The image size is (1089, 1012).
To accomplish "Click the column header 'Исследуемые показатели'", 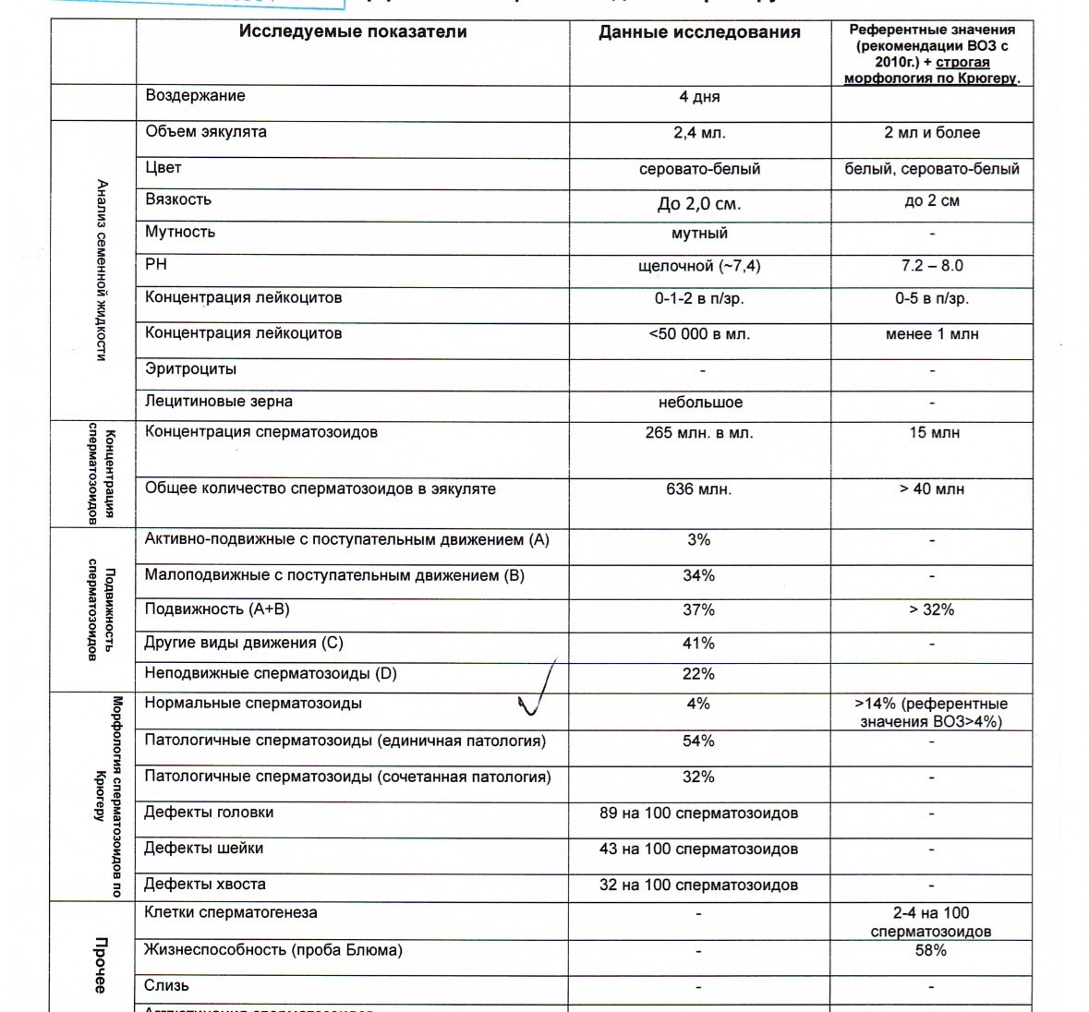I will click(x=353, y=32).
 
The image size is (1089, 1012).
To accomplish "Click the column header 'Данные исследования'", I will click(x=699, y=33).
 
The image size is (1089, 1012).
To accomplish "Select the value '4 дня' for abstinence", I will click(x=699, y=97).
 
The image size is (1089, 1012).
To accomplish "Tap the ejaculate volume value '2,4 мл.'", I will click(x=699, y=133).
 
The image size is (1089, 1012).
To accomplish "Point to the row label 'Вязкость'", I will click(x=178, y=199).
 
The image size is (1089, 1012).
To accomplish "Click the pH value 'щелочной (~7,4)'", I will click(x=699, y=266).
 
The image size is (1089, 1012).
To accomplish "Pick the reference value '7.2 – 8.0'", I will click(x=932, y=266).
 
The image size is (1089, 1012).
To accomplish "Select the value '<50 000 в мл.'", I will click(x=699, y=334).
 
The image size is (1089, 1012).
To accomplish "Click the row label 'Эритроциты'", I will click(x=190, y=369).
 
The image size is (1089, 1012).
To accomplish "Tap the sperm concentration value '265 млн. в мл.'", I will click(x=699, y=432).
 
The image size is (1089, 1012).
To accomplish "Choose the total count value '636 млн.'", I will click(x=699, y=489).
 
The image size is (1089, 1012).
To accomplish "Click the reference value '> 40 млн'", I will click(x=932, y=489).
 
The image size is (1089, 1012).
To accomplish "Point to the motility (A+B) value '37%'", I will click(x=699, y=610).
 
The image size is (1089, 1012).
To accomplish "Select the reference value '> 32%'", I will click(x=932, y=610).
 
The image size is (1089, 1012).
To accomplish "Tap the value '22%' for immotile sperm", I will click(x=699, y=674).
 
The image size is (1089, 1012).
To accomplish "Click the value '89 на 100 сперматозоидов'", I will click(x=699, y=813).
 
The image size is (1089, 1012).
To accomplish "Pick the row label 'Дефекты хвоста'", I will click(x=205, y=885).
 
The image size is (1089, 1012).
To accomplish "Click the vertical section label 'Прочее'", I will click(x=101, y=965).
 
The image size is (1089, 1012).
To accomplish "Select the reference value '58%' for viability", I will click(x=931, y=950).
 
